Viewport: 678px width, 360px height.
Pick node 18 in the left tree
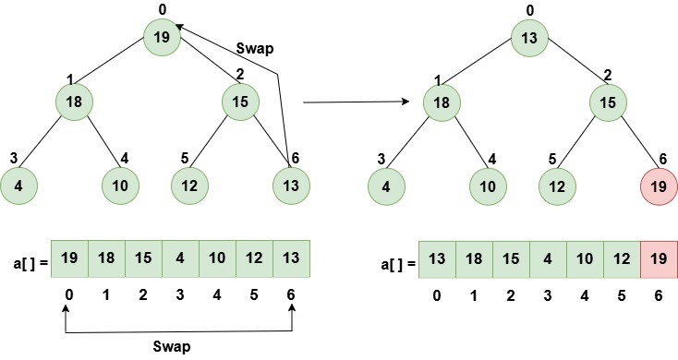click(x=74, y=101)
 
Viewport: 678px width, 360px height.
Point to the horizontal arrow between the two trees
click(x=356, y=102)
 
